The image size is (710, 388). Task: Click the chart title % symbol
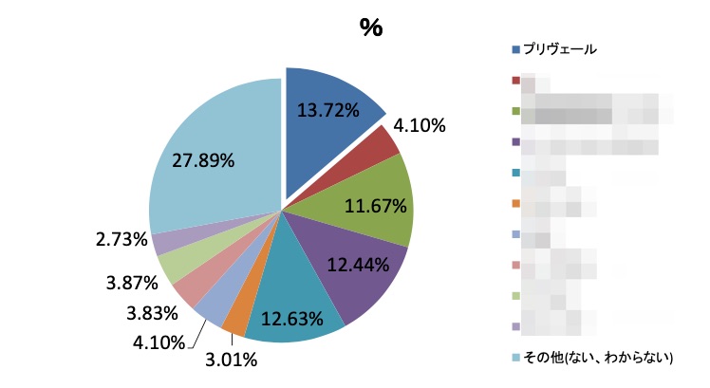[370, 28]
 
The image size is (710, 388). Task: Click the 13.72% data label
[328, 110]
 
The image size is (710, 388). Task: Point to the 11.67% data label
[376, 204]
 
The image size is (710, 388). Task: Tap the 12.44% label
[358, 266]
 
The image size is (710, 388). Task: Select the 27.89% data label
[203, 160]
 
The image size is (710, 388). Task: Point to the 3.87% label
[129, 282]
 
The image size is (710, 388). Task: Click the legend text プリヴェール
[560, 49]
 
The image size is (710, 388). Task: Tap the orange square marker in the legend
[515, 203]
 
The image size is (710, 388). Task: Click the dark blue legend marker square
[515, 49]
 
